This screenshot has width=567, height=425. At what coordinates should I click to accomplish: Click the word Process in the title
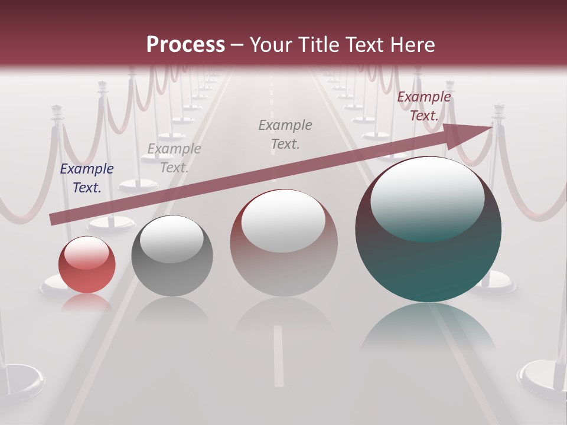[x=185, y=45]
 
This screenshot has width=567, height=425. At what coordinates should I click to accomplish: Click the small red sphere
[x=87, y=264]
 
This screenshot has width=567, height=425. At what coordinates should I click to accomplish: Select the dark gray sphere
[x=172, y=256]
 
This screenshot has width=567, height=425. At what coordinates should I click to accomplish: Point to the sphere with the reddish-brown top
[x=283, y=243]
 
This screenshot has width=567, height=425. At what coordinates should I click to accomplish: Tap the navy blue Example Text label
[x=87, y=178]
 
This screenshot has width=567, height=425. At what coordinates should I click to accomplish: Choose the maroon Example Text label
[x=423, y=106]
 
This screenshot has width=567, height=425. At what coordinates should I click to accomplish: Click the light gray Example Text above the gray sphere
[x=174, y=158]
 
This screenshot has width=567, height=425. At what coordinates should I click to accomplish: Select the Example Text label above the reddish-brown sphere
[x=285, y=135]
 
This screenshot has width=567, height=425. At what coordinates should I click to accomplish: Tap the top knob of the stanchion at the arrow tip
[x=498, y=109]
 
